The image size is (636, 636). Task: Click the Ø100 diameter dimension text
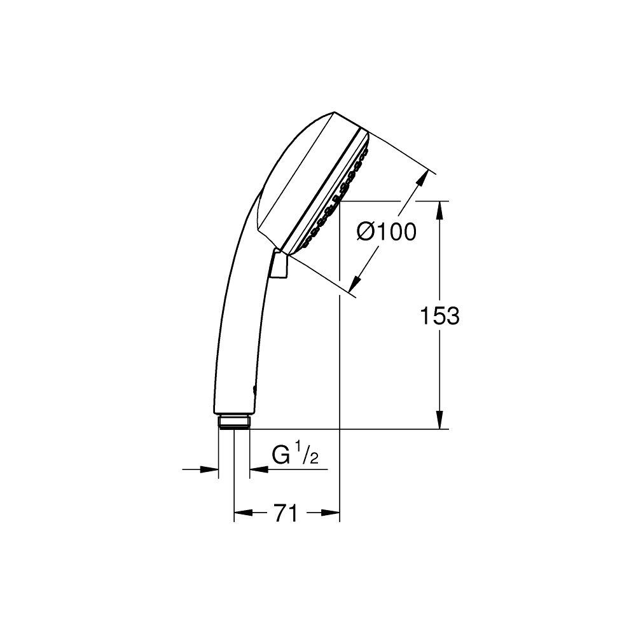[387, 232]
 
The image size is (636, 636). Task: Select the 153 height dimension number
[439, 315]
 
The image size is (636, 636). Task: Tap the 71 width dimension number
[286, 513]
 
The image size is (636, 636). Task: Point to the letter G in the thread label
[281, 456]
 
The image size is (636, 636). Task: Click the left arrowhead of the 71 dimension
[242, 513]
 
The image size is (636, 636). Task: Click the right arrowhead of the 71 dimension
[331, 513]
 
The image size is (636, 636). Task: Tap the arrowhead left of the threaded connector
[211, 469]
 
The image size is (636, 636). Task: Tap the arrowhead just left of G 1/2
[258, 469]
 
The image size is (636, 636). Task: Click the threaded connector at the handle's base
[233, 422]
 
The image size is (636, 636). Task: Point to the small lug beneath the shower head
[278, 265]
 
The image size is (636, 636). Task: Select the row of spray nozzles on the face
[337, 198]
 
